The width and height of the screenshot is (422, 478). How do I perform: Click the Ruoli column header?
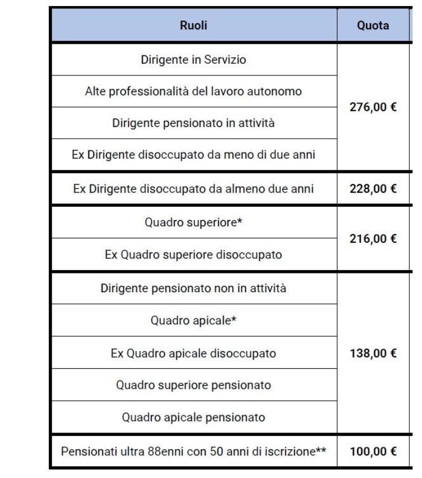194,26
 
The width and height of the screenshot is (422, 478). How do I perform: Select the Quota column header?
373,26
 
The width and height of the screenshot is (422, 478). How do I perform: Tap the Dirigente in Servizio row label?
194,59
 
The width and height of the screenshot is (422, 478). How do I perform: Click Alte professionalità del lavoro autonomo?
194,91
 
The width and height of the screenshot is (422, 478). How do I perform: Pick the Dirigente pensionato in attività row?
194,123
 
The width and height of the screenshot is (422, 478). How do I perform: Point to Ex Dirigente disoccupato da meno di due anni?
194,155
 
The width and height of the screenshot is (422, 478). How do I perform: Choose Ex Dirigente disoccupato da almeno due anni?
194,189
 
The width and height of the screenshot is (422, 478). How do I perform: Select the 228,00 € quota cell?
373,189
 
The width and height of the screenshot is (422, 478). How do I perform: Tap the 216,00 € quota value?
373,239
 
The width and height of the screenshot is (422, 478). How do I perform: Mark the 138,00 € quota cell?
373,353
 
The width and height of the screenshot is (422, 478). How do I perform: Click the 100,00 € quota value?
373,451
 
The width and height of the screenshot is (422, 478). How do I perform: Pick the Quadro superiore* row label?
194,222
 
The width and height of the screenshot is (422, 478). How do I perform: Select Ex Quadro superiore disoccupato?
194,255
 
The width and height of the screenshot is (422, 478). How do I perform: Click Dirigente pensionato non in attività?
194,288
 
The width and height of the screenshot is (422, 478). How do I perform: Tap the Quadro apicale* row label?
194,321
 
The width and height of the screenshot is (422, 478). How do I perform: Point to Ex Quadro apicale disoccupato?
194,353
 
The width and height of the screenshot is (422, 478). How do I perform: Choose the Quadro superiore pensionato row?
194,384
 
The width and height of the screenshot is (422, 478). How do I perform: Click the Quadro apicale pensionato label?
194,416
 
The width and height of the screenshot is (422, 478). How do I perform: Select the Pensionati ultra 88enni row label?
194,451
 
